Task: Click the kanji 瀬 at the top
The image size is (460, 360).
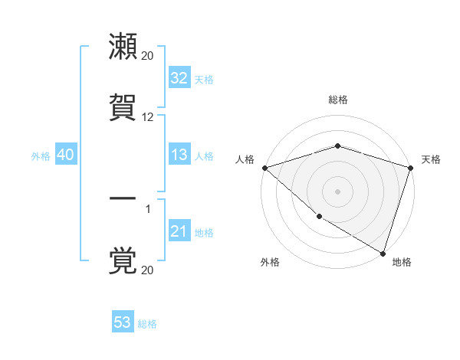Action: [x=123, y=47]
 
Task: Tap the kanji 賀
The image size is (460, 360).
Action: [x=123, y=108]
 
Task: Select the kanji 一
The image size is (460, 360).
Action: [x=123, y=198]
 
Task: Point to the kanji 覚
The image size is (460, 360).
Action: [x=123, y=261]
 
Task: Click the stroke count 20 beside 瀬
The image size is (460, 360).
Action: [x=147, y=56]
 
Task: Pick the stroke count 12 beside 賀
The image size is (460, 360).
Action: [x=147, y=117]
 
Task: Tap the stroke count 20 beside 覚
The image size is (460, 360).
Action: [x=147, y=270]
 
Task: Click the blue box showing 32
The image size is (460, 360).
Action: [x=179, y=78]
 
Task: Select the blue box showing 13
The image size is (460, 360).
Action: [x=179, y=155]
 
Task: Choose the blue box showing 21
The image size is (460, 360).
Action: [x=179, y=231]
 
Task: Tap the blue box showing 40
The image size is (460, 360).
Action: [x=65, y=155]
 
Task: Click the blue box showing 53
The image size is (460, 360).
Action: [x=123, y=322]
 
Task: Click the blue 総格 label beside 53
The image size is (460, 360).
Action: [x=147, y=324]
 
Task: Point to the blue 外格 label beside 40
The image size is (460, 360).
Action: [x=41, y=155]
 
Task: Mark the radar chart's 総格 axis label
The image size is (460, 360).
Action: [x=337, y=100]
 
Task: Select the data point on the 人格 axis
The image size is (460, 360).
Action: [x=264, y=168]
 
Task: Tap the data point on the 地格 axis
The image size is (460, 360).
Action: [x=383, y=253]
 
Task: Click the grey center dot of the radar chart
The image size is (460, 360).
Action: [x=337, y=191]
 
